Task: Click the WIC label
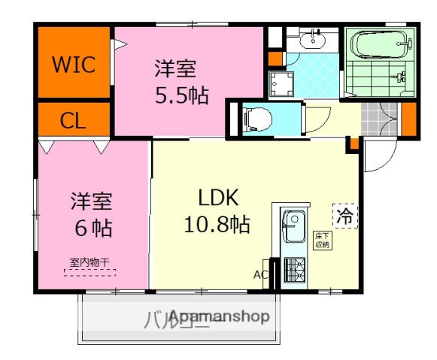click(73, 65)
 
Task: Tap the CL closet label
click(73, 119)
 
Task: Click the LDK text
click(218, 198)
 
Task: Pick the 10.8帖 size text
click(218, 223)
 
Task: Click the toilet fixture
click(258, 116)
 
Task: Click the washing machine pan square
click(283, 85)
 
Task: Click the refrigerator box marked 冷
click(344, 216)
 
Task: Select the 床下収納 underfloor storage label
click(323, 241)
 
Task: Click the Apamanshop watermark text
click(218, 317)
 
